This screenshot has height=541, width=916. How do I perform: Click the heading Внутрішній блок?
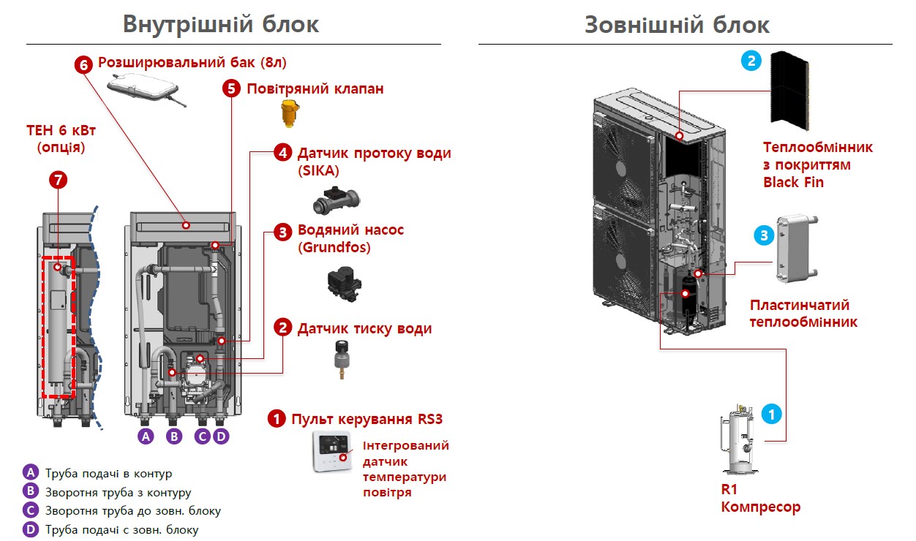221,23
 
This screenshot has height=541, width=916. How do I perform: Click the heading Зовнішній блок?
677,24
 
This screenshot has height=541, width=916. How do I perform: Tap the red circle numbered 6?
83,64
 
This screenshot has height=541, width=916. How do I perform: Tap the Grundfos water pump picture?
345,281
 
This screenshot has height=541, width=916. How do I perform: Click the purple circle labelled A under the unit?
146,436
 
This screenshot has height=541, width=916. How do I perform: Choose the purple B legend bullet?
30,491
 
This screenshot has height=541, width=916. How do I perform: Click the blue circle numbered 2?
751,61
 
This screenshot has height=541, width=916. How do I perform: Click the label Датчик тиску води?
364,329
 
